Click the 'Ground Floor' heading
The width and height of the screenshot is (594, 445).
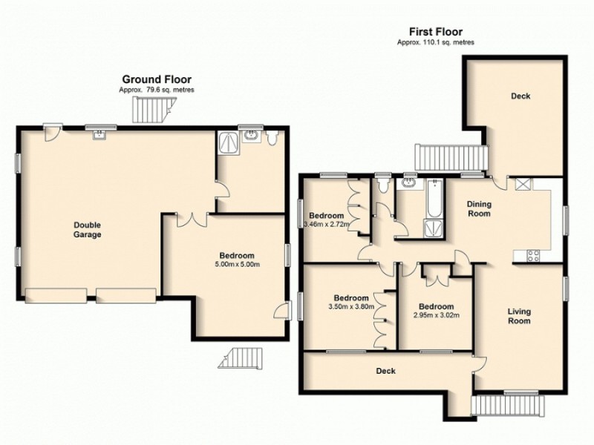[157, 79]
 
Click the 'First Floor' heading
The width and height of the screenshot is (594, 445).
[436, 32]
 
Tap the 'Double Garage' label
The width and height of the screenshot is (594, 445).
[87, 230]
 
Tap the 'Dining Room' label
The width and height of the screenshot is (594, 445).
[479, 208]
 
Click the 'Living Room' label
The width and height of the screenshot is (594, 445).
[519, 316]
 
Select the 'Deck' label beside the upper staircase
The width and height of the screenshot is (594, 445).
[520, 96]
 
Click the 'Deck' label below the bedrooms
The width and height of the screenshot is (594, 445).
[385, 371]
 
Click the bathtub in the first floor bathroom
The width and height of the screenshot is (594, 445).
[432, 204]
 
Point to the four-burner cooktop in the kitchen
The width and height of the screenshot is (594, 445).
[532, 256]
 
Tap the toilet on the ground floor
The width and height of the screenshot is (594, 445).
[273, 137]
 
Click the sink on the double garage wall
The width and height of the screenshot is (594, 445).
[99, 133]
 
